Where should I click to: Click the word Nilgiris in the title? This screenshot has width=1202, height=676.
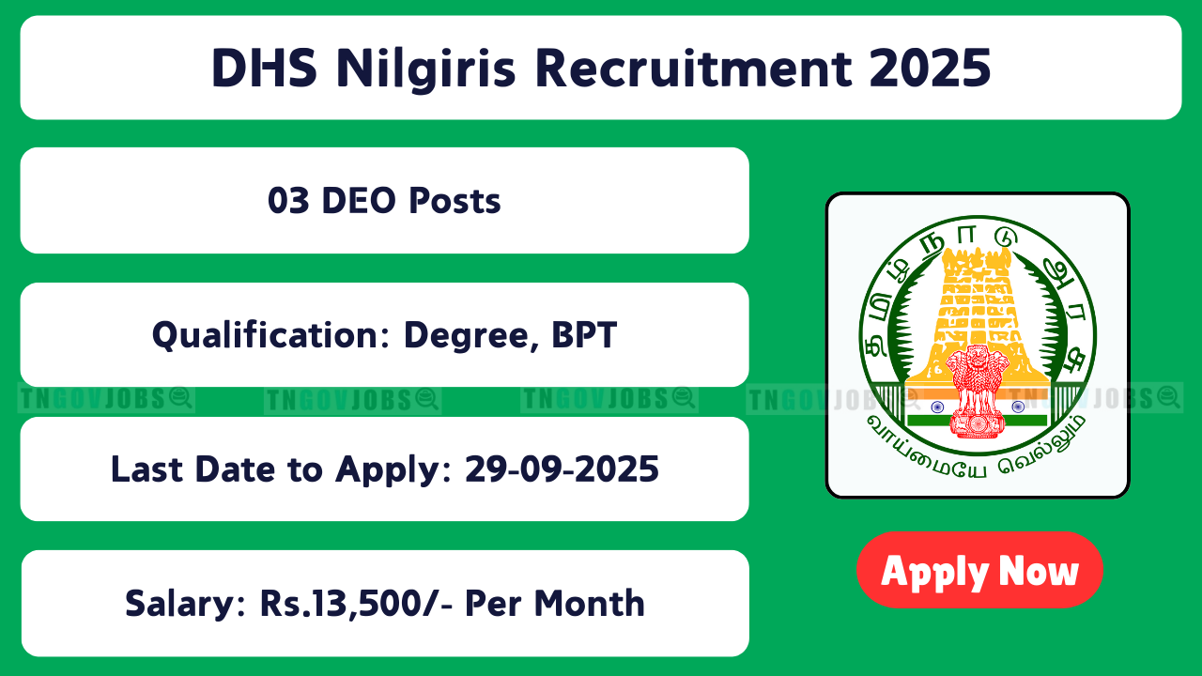pyautogui.click(x=425, y=69)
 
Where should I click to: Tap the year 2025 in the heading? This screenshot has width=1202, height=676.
pyautogui.click(x=930, y=69)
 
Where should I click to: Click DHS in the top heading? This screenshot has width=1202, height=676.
pyautogui.click(x=264, y=69)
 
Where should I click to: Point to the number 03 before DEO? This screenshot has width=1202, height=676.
pyautogui.click(x=288, y=201)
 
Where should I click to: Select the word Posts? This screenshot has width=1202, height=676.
pyautogui.click(x=455, y=201)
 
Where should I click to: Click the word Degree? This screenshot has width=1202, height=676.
pyautogui.click(x=471, y=337)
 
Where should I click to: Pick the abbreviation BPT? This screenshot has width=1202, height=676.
pyautogui.click(x=584, y=335)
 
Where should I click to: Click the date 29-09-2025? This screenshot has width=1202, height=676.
pyautogui.click(x=562, y=469)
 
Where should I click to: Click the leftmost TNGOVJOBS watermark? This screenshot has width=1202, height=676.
pyautogui.click(x=106, y=399)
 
